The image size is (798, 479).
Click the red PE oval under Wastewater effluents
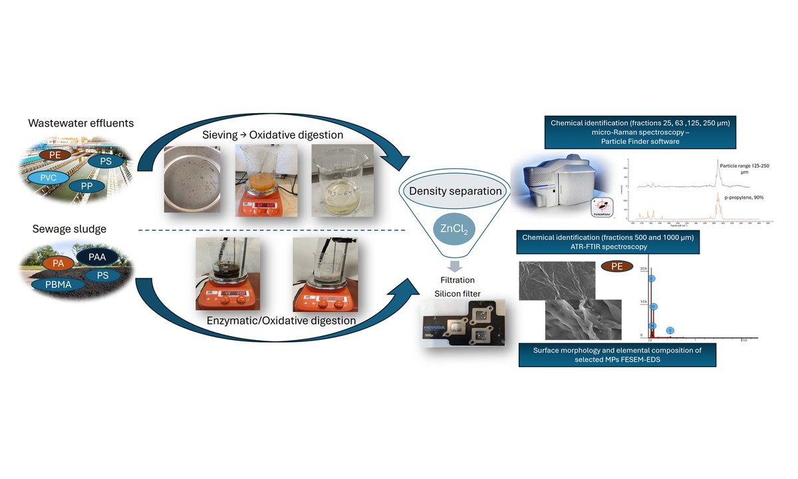pos(52,154)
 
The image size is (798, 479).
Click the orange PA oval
pos(59,263)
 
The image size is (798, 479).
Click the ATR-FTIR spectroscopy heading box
pos(607,242)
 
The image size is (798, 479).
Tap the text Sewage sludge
pos(60,229)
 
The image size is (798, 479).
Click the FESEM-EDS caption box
pos(618,355)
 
